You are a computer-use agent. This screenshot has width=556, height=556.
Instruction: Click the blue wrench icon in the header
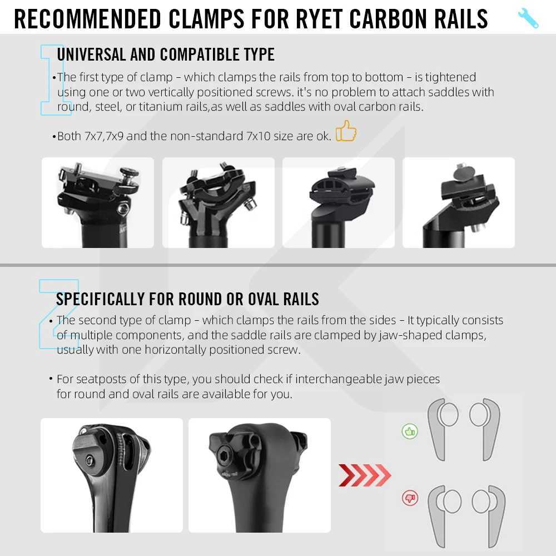tap(528, 18)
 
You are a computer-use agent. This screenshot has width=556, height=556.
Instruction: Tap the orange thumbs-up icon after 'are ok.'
tap(346, 131)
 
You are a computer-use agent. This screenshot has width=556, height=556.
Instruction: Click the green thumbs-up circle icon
tap(410, 431)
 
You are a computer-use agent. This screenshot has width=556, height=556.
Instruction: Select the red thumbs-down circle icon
tap(410, 498)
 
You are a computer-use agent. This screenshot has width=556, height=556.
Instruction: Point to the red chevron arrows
tap(365, 475)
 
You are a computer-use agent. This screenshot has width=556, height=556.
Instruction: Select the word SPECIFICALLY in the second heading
tap(100, 299)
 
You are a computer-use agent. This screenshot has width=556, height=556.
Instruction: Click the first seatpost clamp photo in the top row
tap(98, 202)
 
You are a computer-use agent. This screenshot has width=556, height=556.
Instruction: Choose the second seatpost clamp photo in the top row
tap(219, 202)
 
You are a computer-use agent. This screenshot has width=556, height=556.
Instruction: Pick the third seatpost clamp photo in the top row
tap(339, 202)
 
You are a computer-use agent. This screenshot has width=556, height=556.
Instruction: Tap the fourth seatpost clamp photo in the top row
tap(459, 202)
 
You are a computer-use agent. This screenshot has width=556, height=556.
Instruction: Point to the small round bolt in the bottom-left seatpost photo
tap(90, 460)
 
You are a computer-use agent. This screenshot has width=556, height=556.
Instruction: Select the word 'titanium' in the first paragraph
tap(160, 107)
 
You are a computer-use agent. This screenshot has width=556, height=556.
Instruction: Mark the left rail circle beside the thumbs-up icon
tap(448, 414)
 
